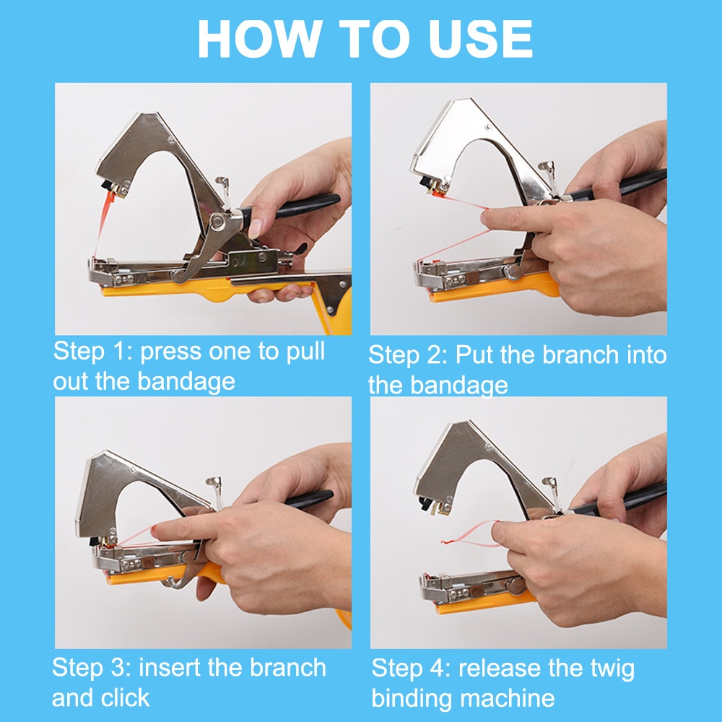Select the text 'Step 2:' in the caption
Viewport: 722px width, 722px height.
coord(408,355)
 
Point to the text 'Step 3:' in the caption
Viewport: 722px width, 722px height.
coord(91,667)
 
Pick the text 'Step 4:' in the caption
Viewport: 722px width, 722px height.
coord(411,668)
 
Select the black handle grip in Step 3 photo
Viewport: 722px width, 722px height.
coord(309,499)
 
